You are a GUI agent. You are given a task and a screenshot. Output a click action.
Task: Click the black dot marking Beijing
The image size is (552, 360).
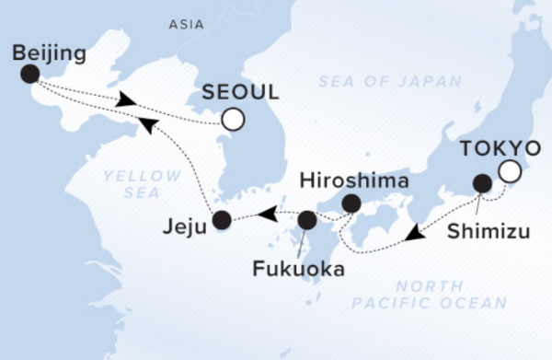[x=30, y=75]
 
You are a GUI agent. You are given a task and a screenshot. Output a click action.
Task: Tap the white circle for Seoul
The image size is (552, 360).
[x=234, y=119]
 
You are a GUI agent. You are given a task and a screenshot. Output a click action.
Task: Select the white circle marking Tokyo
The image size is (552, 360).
[x=509, y=171]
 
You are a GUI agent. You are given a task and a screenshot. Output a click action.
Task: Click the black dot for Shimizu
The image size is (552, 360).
[x=480, y=183]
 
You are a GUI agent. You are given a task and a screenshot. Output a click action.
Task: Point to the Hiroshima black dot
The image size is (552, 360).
[x=351, y=203]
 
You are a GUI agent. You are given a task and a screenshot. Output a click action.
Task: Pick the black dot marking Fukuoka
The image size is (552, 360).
[x=306, y=220]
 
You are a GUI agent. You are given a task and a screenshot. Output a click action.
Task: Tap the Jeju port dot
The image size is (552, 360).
[x=221, y=219]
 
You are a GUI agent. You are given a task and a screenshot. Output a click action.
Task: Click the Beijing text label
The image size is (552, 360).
[x=50, y=53]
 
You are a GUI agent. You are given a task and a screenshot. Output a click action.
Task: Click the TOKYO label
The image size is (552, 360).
[x=500, y=147]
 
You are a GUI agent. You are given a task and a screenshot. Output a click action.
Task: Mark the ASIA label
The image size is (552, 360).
[x=187, y=24]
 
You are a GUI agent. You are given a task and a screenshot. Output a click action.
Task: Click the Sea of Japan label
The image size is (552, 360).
[x=390, y=82]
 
